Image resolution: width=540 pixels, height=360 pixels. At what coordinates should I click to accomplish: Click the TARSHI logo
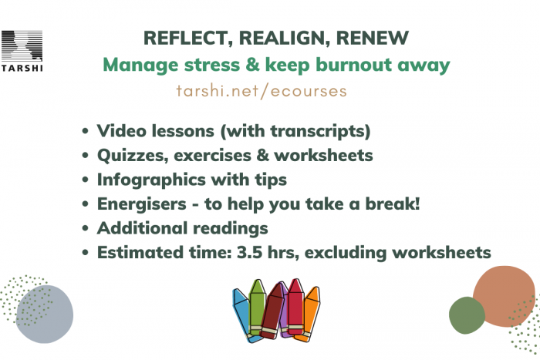pyautogui.click(x=22, y=51)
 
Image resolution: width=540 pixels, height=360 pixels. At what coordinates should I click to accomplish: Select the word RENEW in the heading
pyautogui.click(x=373, y=38)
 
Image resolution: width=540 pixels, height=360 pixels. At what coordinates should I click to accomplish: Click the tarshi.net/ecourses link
pyautogui.click(x=262, y=91)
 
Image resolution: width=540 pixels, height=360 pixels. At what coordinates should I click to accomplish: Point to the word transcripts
pyautogui.click(x=320, y=132)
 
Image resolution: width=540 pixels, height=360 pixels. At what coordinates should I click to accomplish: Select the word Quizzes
pyautogui.click(x=133, y=156)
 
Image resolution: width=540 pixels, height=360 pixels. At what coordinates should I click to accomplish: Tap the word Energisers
pyautogui.click(x=142, y=204)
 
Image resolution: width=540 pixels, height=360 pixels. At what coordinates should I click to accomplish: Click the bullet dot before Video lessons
pyautogui.click(x=86, y=131)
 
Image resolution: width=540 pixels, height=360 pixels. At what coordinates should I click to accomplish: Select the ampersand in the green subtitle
pyautogui.click(x=252, y=65)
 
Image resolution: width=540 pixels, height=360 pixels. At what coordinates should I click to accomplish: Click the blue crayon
pyautogui.click(x=244, y=315)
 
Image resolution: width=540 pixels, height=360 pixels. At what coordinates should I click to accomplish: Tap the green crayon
pyautogui.click(x=257, y=306)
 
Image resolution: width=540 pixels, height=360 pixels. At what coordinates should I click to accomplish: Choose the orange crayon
pyautogui.click(x=309, y=314)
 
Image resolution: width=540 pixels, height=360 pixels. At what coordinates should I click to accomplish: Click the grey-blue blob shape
pyautogui.click(x=45, y=314)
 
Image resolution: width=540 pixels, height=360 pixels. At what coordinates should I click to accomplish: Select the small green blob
pyautogui.click(x=467, y=315)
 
